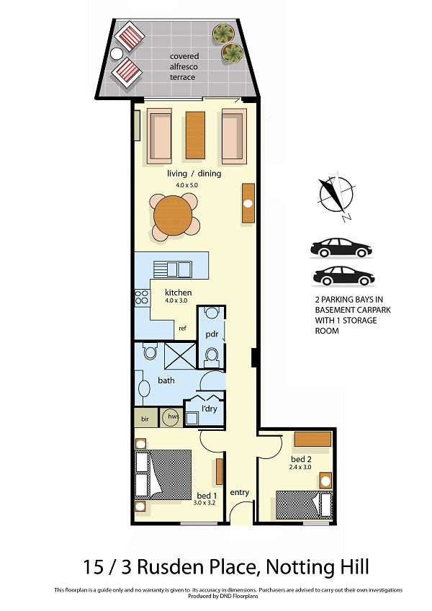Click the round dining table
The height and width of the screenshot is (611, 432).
point(173,215)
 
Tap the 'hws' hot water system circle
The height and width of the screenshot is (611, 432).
point(171,417)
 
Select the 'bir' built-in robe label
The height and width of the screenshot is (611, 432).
point(145,419)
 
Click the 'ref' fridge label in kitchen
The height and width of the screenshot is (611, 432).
point(182,329)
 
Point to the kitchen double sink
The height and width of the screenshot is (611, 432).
point(173,269)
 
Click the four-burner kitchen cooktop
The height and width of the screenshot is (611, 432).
point(142,297)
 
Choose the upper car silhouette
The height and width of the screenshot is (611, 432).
point(341,248)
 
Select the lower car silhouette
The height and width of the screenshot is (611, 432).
point(343,276)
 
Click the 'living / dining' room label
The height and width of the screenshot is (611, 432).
point(194,174)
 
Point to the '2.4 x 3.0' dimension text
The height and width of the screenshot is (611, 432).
point(300,467)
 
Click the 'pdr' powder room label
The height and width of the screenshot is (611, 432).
point(212,334)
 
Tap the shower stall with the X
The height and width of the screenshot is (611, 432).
point(179,355)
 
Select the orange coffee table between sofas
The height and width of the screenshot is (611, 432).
point(195,135)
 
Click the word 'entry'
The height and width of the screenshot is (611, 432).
point(239,493)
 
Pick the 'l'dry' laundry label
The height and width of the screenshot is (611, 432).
point(210,409)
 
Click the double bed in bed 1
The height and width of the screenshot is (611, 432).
point(163,474)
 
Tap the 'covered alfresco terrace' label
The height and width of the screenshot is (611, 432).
point(184,66)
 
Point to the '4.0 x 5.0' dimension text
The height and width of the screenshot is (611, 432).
point(186,185)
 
